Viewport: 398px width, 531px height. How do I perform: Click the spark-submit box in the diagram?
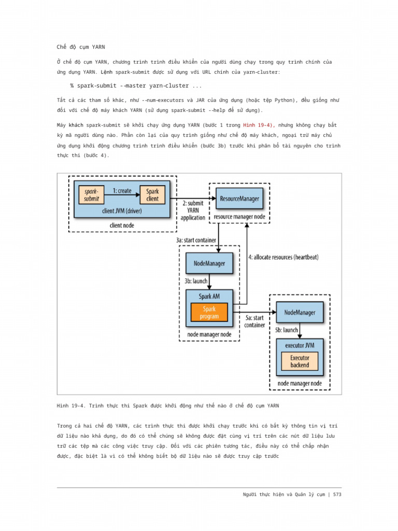[x=92, y=195]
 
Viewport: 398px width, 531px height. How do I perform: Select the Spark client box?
[x=152, y=195]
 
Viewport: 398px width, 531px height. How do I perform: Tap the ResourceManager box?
[x=239, y=199]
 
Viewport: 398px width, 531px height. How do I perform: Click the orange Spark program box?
[x=209, y=312]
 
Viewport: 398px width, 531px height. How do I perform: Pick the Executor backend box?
[x=300, y=361]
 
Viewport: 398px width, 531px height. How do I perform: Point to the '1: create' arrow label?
[x=122, y=191]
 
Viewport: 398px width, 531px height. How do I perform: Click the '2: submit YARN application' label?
[x=193, y=211]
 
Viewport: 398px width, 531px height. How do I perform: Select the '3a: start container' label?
[x=196, y=241]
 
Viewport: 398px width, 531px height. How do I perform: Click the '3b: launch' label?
[x=196, y=281]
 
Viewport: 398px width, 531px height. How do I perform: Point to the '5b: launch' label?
[x=286, y=330]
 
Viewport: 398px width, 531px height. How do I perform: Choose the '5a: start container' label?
[x=254, y=321]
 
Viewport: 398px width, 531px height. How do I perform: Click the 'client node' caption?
[x=122, y=226]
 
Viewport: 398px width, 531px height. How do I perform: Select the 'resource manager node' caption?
[x=239, y=216]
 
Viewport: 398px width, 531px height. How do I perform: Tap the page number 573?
[x=337, y=494]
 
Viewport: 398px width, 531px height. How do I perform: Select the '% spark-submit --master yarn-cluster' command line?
[x=136, y=86]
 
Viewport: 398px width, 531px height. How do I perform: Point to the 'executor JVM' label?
[x=300, y=344]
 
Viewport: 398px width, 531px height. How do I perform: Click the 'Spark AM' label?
[x=209, y=297]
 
